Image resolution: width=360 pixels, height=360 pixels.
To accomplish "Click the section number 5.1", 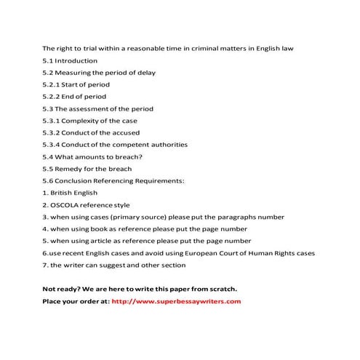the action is click(48, 60).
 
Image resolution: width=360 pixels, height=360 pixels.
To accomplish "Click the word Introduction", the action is click(77, 60).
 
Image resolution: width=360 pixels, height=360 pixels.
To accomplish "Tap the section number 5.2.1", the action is click(52, 84).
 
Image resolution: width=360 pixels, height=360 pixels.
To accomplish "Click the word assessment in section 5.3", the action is click(93, 108).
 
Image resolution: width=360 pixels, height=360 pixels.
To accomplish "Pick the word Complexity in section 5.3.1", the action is click(84, 121).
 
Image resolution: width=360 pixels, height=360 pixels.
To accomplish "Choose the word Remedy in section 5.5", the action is click(71, 168).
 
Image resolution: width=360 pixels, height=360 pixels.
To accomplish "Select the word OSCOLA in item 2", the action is click(67, 204).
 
